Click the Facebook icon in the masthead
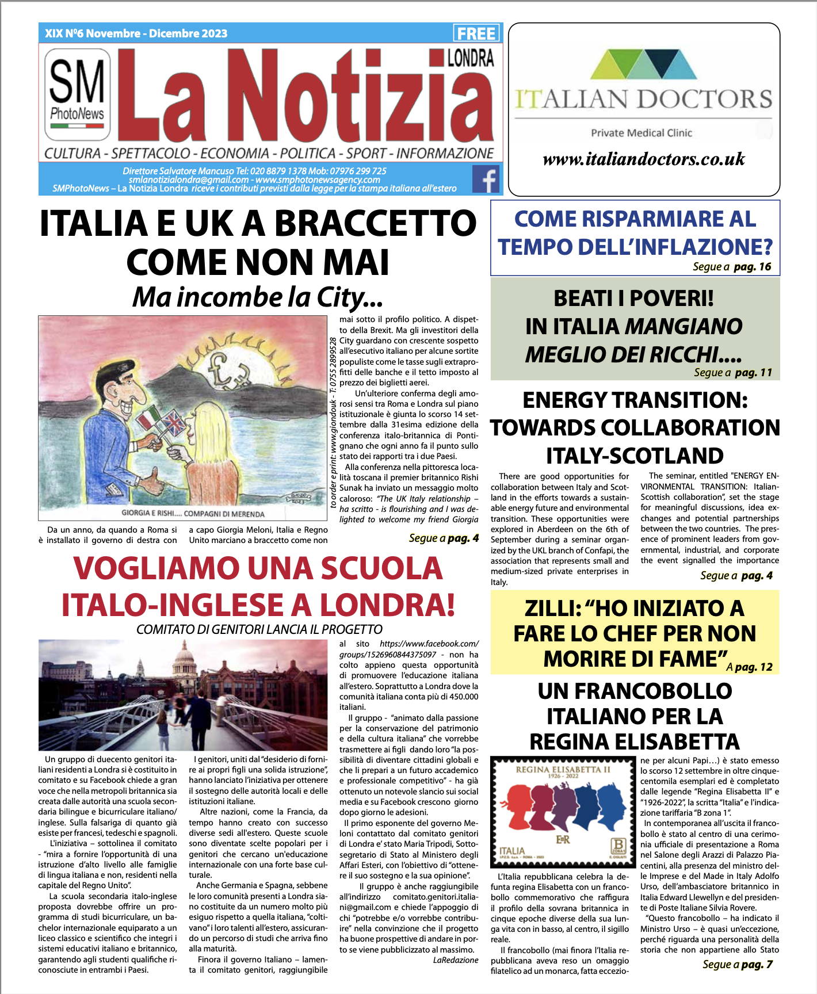point(486,179)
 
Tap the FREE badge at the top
point(476,33)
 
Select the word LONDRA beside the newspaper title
point(470,58)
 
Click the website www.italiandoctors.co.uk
point(643,159)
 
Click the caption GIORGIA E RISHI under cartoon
point(193,514)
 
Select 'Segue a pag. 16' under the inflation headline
point(731,267)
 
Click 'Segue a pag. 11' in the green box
point(732,373)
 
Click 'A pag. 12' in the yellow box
point(749,667)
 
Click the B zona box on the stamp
point(618,846)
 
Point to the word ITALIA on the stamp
point(511,850)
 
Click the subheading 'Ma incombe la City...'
point(257,297)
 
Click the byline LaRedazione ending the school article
point(455,960)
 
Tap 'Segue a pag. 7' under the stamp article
point(737,965)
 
